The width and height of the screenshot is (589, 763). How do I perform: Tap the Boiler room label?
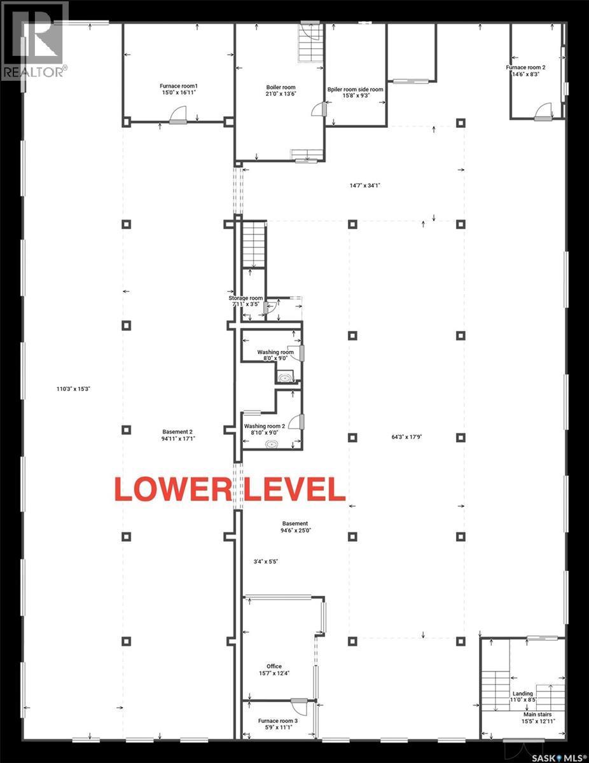(281, 88)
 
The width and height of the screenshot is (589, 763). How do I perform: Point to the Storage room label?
(246, 298)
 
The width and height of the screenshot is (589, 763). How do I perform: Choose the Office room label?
(274, 666)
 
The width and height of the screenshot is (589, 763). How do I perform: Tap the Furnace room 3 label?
(278, 721)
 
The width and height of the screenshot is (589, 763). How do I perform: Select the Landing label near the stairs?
(522, 694)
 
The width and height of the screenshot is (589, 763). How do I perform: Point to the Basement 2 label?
(177, 431)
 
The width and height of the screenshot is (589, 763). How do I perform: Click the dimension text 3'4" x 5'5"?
(266, 561)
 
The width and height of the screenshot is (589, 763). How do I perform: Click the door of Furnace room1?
(178, 116)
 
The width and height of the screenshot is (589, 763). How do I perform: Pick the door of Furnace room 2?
(543, 113)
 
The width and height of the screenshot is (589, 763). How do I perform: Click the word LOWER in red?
(163, 488)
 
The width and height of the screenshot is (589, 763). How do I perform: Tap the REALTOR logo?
(34, 41)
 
